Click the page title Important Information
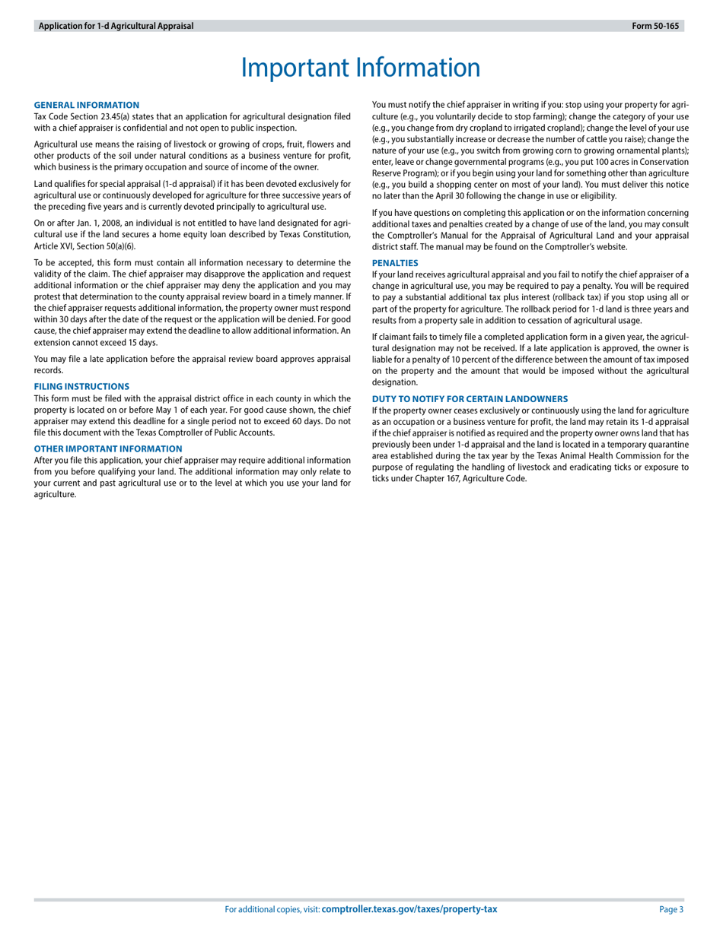[x=361, y=68]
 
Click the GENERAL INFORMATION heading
[x=87, y=105]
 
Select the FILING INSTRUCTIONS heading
[x=81, y=386]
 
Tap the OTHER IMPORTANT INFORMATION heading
[x=108, y=448]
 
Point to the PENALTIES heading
[x=394, y=262]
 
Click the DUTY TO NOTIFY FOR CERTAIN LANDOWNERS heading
[x=470, y=398]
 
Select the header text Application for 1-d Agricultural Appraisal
[x=116, y=26]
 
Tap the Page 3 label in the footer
[x=671, y=909]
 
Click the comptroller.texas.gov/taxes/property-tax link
[x=409, y=909]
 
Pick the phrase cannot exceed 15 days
[x=114, y=342]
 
